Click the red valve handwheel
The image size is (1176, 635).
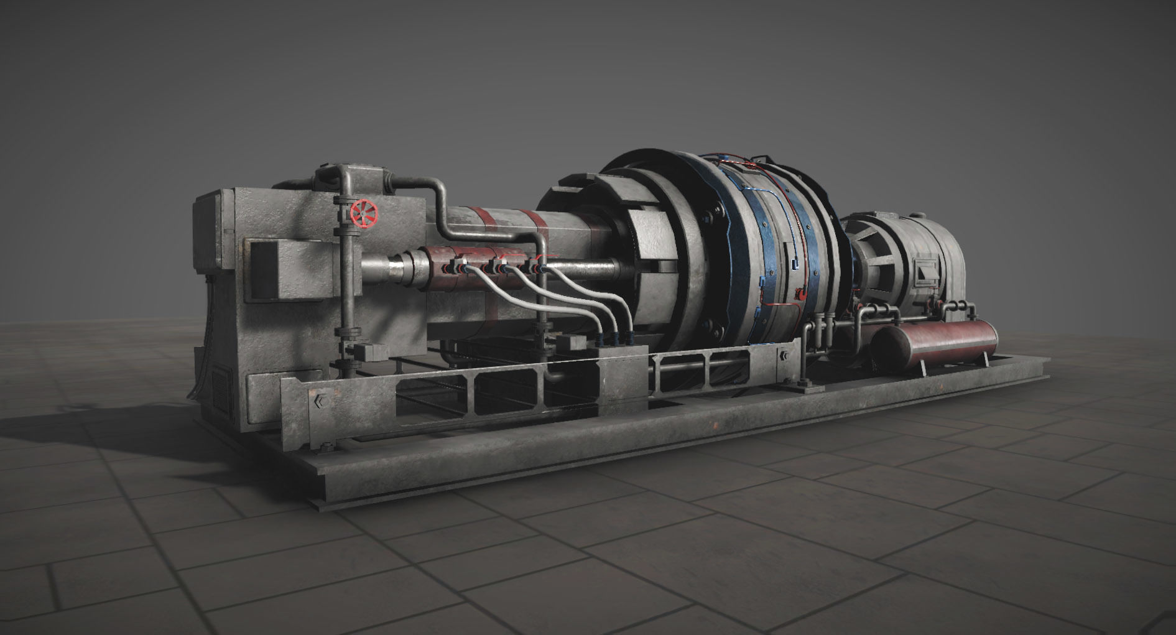[363, 214]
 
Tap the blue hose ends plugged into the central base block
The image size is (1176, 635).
[616, 340]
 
